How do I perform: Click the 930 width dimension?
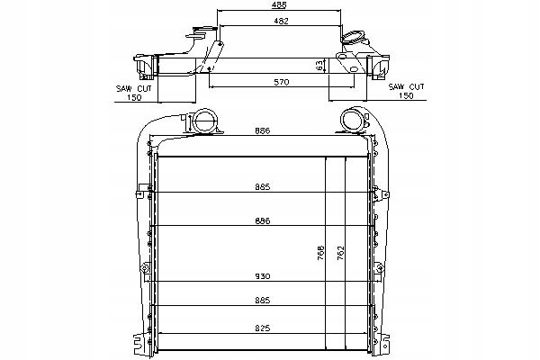click(x=264, y=276)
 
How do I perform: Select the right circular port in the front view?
click(x=353, y=120)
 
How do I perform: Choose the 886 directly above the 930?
click(x=264, y=219)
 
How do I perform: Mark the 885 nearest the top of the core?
click(x=264, y=188)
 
